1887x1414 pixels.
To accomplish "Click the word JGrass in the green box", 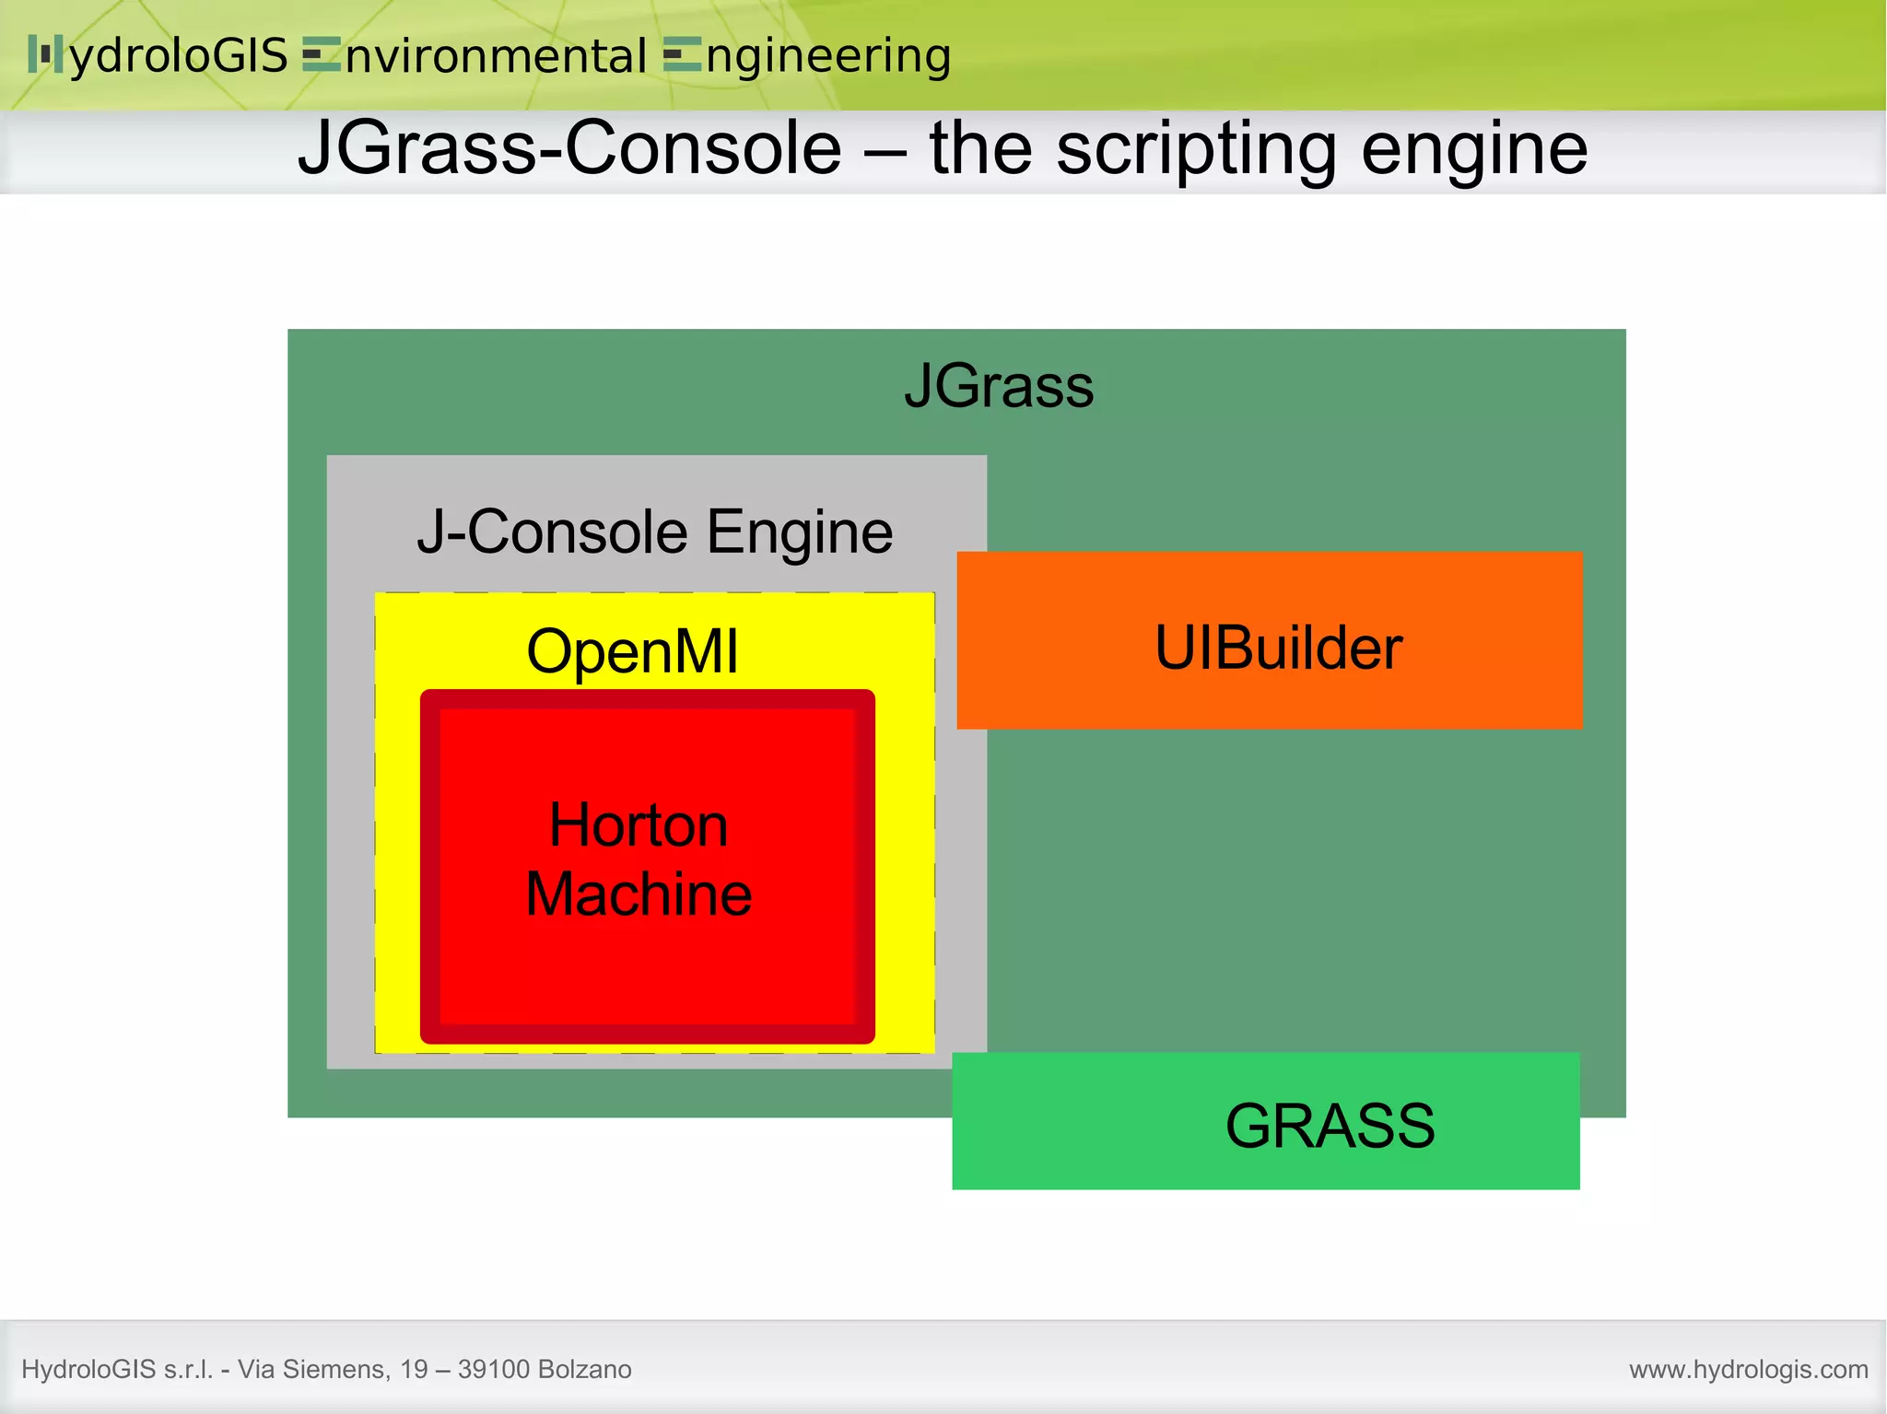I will (x=999, y=386).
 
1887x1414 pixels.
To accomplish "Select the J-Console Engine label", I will (x=654, y=532).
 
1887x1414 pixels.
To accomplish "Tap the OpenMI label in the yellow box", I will (x=632, y=651).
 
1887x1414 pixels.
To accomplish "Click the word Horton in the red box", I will (x=639, y=824).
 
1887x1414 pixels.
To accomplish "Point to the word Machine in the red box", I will (x=639, y=894).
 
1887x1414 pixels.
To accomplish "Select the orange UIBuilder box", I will (x=1270, y=641).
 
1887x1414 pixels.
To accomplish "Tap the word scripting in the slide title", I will (x=1195, y=149).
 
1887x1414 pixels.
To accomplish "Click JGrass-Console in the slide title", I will (x=569, y=149).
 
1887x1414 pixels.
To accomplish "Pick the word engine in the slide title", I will (x=1474, y=149).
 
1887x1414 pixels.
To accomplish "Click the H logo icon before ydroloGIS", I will (x=45, y=54).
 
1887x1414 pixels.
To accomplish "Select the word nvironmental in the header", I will (x=496, y=57).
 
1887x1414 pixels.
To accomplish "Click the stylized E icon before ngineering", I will (x=683, y=55).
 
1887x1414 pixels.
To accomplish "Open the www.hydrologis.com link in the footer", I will (x=1748, y=1370).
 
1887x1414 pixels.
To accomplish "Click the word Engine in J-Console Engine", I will (x=800, y=532).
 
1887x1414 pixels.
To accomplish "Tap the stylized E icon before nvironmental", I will (x=322, y=55).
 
